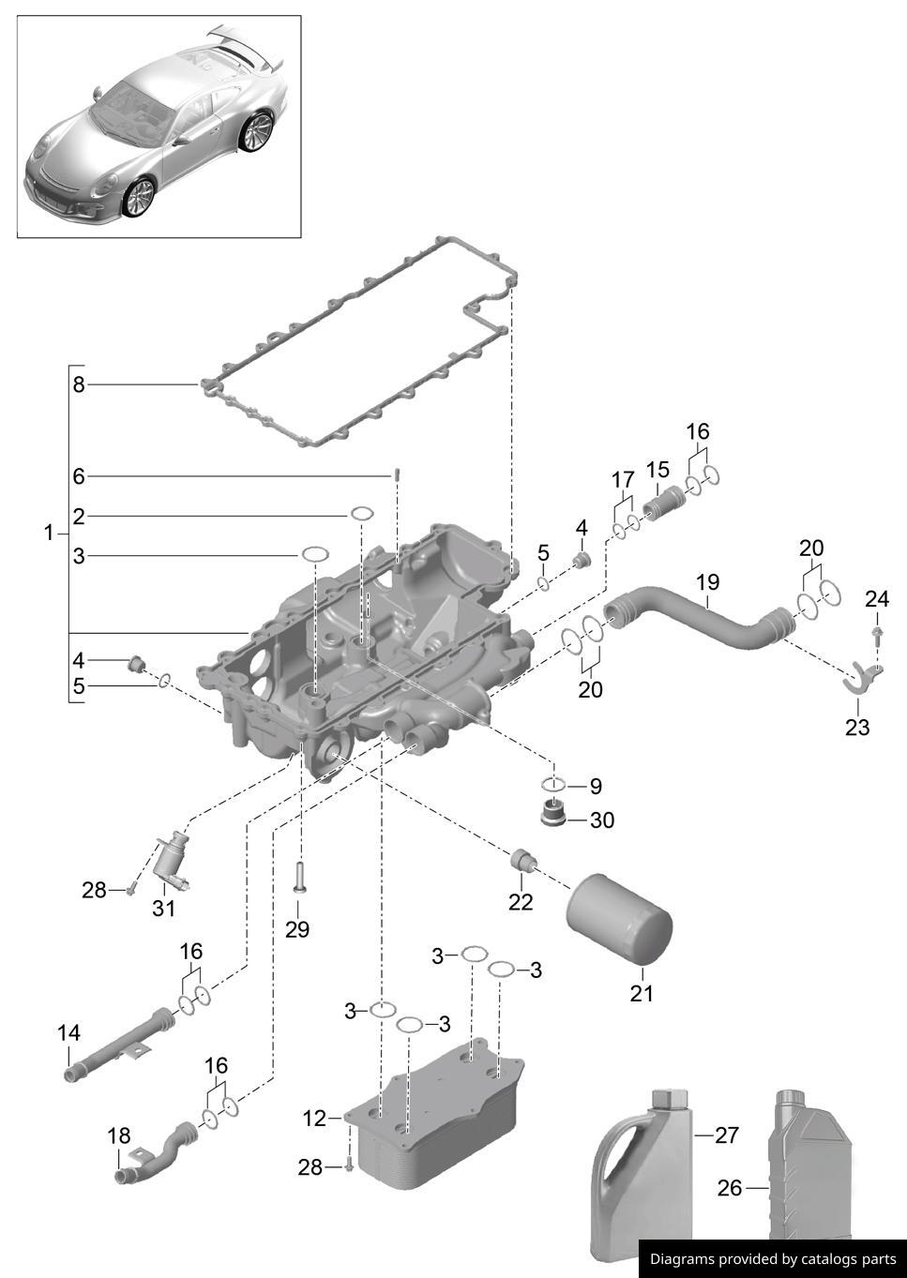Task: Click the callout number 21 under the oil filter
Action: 641,993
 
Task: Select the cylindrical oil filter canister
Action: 620,919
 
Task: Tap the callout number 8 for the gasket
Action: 79,384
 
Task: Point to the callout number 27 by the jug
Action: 727,1135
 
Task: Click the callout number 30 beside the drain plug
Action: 602,820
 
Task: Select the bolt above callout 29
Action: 299,878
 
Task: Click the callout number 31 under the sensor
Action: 163,909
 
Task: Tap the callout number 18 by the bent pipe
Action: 119,1136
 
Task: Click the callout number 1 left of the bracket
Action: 49,534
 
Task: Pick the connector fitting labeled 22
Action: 522,860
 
